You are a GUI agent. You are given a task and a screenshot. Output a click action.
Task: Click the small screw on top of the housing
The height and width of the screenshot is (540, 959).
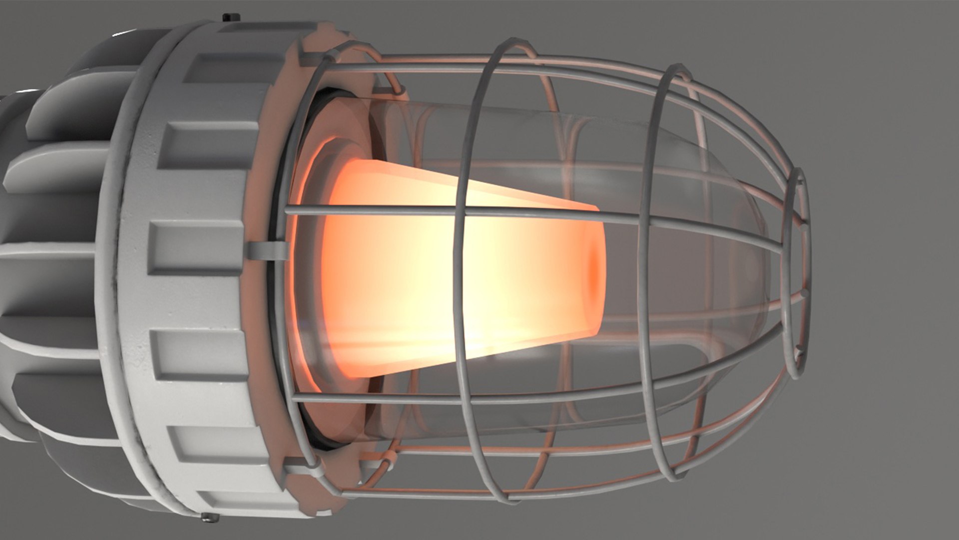[231, 17]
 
